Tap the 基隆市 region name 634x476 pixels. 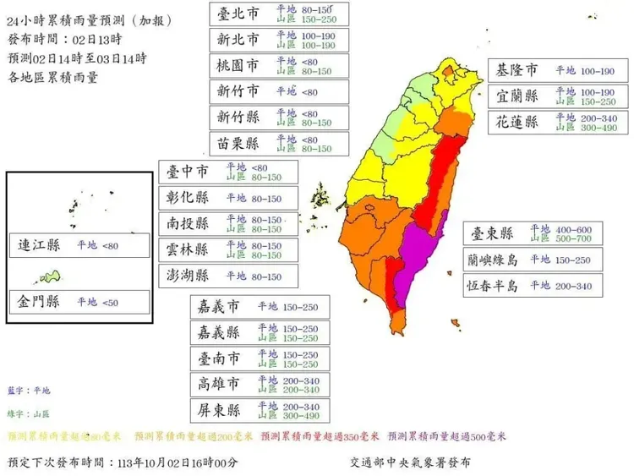tap(516, 70)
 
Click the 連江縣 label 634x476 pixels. tap(39, 246)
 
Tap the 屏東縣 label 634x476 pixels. tap(220, 411)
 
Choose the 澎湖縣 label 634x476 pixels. tap(185, 276)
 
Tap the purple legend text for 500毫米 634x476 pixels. tap(447, 436)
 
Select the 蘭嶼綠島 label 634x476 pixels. tap(490, 260)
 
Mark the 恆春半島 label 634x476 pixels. tap(490, 286)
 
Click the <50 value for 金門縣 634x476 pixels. tap(111, 302)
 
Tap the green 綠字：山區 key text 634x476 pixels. tap(29, 413)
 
